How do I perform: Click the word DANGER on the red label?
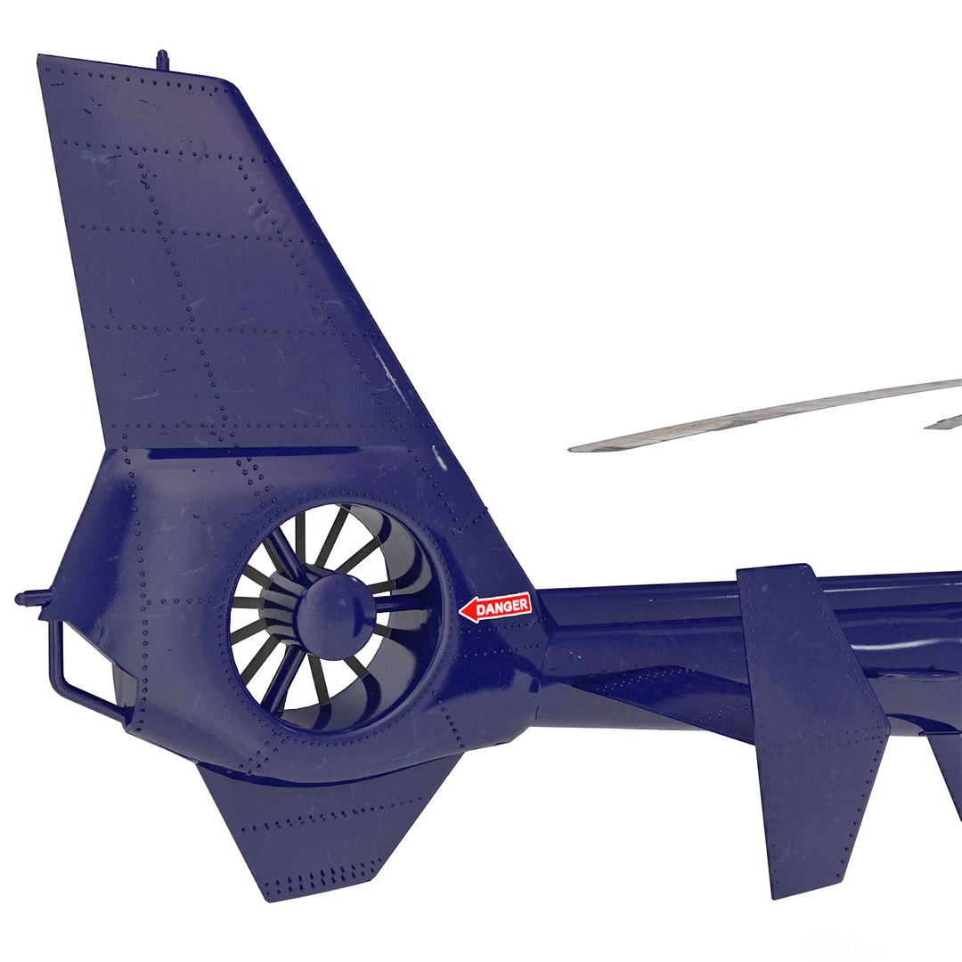pyautogui.click(x=502, y=607)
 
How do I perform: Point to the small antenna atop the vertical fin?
pyautogui.click(x=161, y=60)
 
